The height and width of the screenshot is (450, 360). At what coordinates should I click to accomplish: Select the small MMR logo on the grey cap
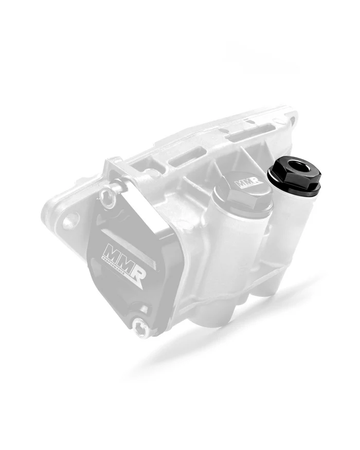(245, 183)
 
